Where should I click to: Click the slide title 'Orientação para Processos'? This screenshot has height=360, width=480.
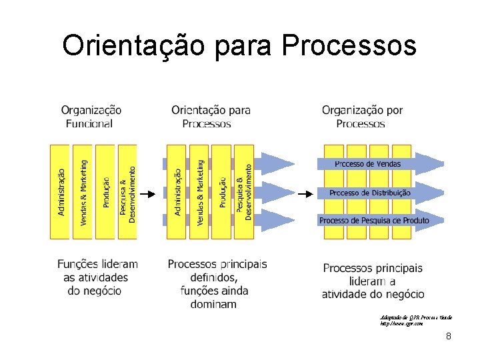239,46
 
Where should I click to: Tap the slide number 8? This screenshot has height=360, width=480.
449,336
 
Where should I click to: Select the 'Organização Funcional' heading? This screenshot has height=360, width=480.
91,116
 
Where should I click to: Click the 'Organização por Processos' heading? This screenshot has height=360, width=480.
362,116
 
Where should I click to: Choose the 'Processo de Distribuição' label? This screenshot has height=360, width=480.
370,193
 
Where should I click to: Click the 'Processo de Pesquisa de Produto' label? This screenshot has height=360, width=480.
373,220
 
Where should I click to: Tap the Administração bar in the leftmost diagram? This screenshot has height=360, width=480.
61,192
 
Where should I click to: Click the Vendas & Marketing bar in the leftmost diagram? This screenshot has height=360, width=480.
83,192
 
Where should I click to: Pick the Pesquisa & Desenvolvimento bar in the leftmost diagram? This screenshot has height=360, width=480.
127,192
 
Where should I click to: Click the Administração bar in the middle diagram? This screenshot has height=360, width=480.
177,192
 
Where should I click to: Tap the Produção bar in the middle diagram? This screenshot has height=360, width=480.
222,192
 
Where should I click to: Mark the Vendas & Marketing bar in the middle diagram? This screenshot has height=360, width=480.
199,192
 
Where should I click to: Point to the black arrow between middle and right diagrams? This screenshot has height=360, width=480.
304,194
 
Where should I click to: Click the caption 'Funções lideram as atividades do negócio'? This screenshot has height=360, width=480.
97,277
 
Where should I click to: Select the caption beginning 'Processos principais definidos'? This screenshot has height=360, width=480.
217,283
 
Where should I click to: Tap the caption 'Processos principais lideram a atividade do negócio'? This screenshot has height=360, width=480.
373,281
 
